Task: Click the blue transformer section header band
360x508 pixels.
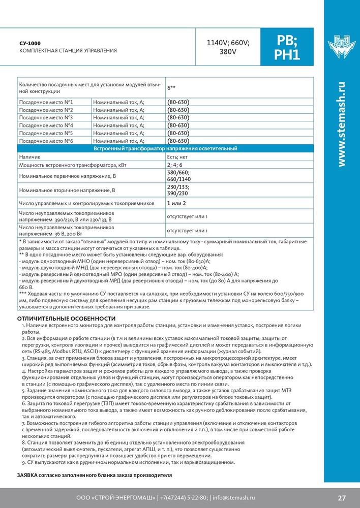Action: pos(166,148)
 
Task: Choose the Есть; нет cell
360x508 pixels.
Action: pos(176,157)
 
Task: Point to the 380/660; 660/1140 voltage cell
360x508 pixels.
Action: pos(177,176)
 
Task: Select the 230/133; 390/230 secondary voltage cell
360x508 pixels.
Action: pos(177,190)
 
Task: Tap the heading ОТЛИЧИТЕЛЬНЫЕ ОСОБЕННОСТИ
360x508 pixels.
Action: pos(56,318)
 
